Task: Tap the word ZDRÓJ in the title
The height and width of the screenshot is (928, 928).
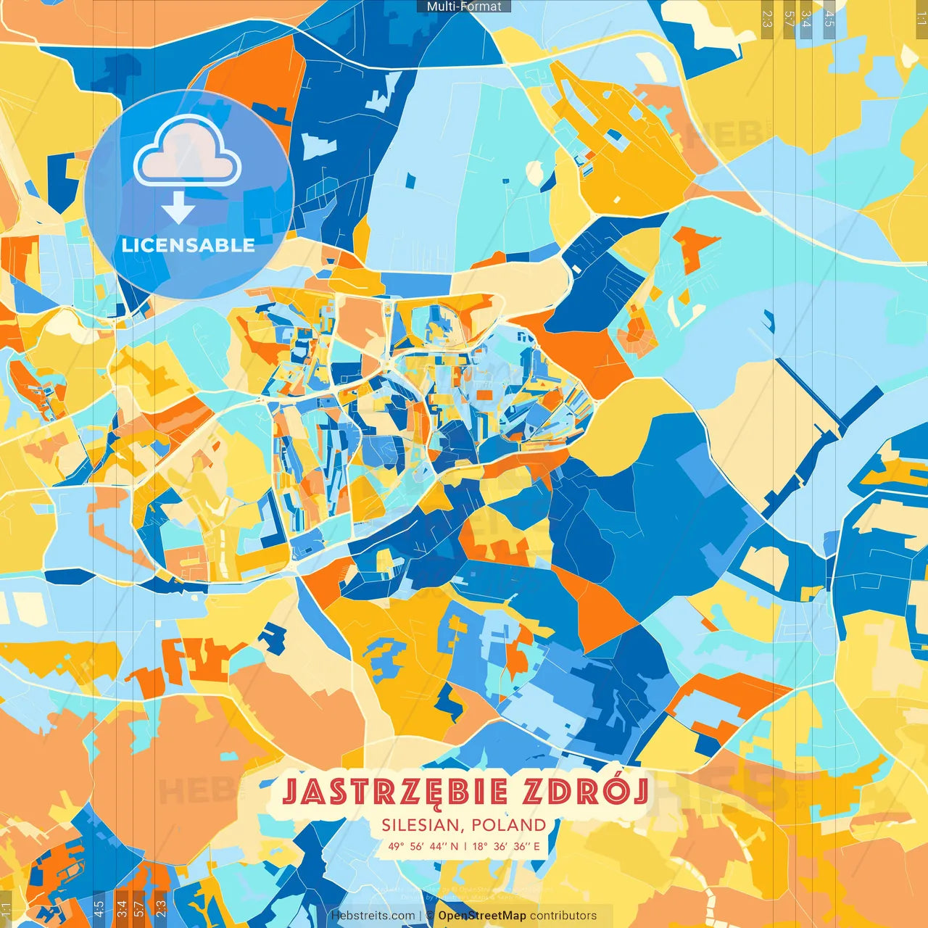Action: (584, 792)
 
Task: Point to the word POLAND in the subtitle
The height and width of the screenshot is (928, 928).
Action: (509, 825)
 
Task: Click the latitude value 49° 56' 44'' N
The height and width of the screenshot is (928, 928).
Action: (423, 846)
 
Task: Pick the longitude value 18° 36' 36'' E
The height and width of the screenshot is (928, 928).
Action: (506, 846)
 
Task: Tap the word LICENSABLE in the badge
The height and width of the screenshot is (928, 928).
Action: (188, 245)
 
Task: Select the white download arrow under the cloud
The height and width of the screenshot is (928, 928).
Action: (178, 209)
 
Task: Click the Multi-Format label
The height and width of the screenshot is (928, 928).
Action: (464, 7)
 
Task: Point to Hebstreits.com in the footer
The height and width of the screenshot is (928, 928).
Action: (373, 916)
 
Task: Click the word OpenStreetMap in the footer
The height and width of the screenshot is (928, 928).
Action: (482, 916)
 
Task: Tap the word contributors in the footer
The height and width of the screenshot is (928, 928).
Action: (563, 916)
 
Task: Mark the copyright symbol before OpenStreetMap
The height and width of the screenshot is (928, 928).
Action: (430, 916)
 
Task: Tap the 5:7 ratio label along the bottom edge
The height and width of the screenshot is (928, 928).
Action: (138, 907)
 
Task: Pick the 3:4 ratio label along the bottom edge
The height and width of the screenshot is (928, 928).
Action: (121, 907)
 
